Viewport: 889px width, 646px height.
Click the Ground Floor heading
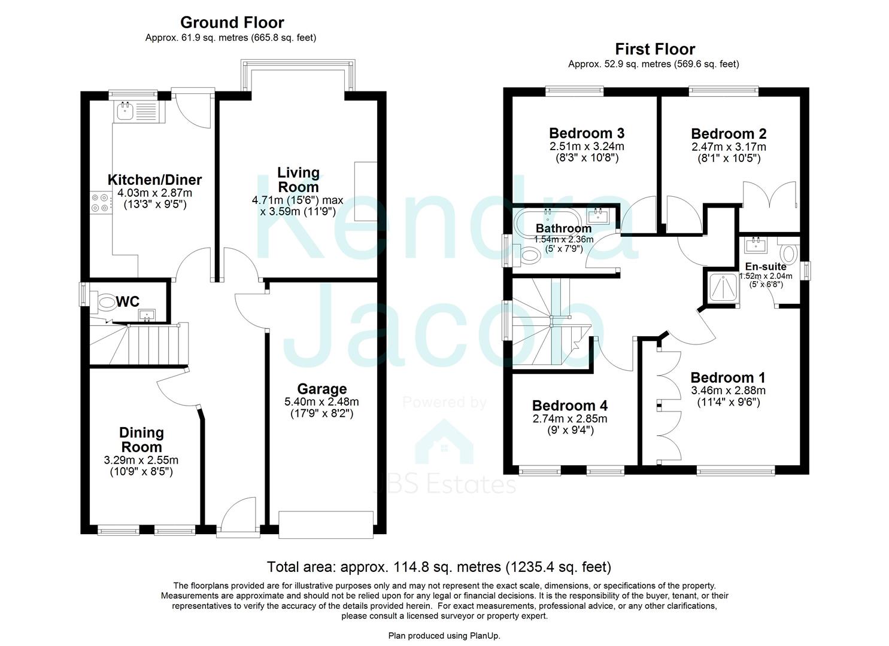232,23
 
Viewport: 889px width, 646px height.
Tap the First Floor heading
655,49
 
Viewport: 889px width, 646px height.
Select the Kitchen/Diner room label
154,179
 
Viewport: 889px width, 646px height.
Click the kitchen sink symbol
126,110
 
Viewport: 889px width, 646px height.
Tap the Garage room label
321,389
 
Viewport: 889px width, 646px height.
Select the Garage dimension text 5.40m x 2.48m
321,401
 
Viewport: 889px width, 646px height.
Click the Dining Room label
141,440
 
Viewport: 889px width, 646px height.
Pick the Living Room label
298,179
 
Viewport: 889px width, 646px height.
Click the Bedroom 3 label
587,133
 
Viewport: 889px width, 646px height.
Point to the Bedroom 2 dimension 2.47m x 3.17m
729,147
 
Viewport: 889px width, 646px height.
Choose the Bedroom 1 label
728,377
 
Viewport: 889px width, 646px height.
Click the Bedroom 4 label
570,406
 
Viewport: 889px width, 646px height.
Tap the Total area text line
439,566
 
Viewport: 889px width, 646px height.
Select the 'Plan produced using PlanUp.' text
444,636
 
